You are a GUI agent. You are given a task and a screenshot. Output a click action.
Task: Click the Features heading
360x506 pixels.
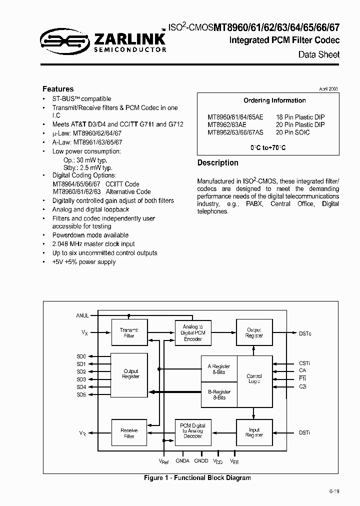pos(58,88)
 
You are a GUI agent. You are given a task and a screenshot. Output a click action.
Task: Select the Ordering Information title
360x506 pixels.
pos(274,100)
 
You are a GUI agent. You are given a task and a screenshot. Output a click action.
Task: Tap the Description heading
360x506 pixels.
pos(217,163)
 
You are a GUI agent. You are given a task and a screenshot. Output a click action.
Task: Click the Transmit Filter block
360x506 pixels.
pos(129,332)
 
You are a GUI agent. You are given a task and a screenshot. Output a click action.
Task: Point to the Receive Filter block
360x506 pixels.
pos(129,433)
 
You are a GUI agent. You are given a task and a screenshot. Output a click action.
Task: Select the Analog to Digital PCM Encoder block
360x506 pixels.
pos(193,332)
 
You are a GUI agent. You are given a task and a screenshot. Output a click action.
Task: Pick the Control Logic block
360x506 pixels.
pos(254,378)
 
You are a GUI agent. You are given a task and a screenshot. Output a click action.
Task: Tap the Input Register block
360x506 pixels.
pos(254,432)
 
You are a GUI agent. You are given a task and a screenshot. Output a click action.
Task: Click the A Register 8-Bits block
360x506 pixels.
pos(218,369)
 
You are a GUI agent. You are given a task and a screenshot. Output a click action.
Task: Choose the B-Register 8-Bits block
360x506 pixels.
pos(218,394)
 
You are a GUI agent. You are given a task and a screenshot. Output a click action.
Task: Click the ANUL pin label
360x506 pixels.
pos(82,315)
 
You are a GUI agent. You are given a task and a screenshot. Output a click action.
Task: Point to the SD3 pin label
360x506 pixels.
pos(81,379)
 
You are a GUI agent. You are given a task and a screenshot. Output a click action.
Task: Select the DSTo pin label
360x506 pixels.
pos(305,333)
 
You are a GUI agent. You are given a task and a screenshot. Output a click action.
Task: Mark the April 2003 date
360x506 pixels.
pos(328,88)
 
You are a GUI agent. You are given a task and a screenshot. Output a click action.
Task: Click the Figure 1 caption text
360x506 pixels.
pos(197,478)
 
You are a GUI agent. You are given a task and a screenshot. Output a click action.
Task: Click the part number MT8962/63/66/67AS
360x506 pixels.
pos(235,132)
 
